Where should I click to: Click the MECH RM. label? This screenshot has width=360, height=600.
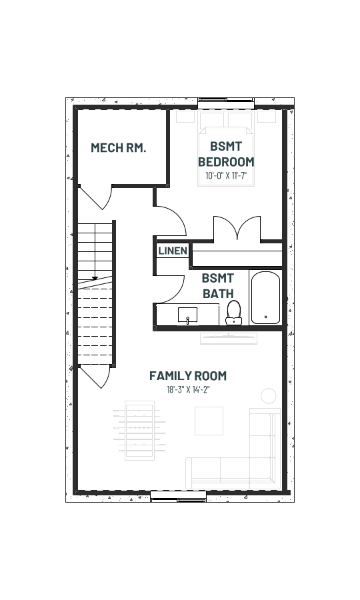tap(118, 148)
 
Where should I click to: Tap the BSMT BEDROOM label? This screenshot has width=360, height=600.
tap(226, 154)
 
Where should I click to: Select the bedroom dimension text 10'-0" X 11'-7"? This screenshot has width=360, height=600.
tap(226, 176)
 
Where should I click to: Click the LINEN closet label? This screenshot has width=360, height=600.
tap(173, 251)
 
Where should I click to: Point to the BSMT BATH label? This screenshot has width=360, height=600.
tap(218, 286)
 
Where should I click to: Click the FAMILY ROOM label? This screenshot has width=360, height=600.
tap(188, 376)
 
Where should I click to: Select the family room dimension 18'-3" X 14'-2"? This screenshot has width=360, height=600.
tap(188, 390)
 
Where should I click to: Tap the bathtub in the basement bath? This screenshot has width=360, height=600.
tap(265, 297)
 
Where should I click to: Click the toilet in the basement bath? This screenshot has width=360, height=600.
tap(234, 313)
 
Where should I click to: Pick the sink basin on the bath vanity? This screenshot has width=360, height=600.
tap(187, 315)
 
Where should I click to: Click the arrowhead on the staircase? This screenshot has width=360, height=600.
tap(95, 278)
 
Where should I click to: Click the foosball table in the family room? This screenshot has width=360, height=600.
tap(139, 431)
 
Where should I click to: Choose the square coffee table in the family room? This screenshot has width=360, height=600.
tap(209, 421)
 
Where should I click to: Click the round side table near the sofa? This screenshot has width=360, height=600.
tap(269, 395)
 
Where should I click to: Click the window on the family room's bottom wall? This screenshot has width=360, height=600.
tap(178, 496)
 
